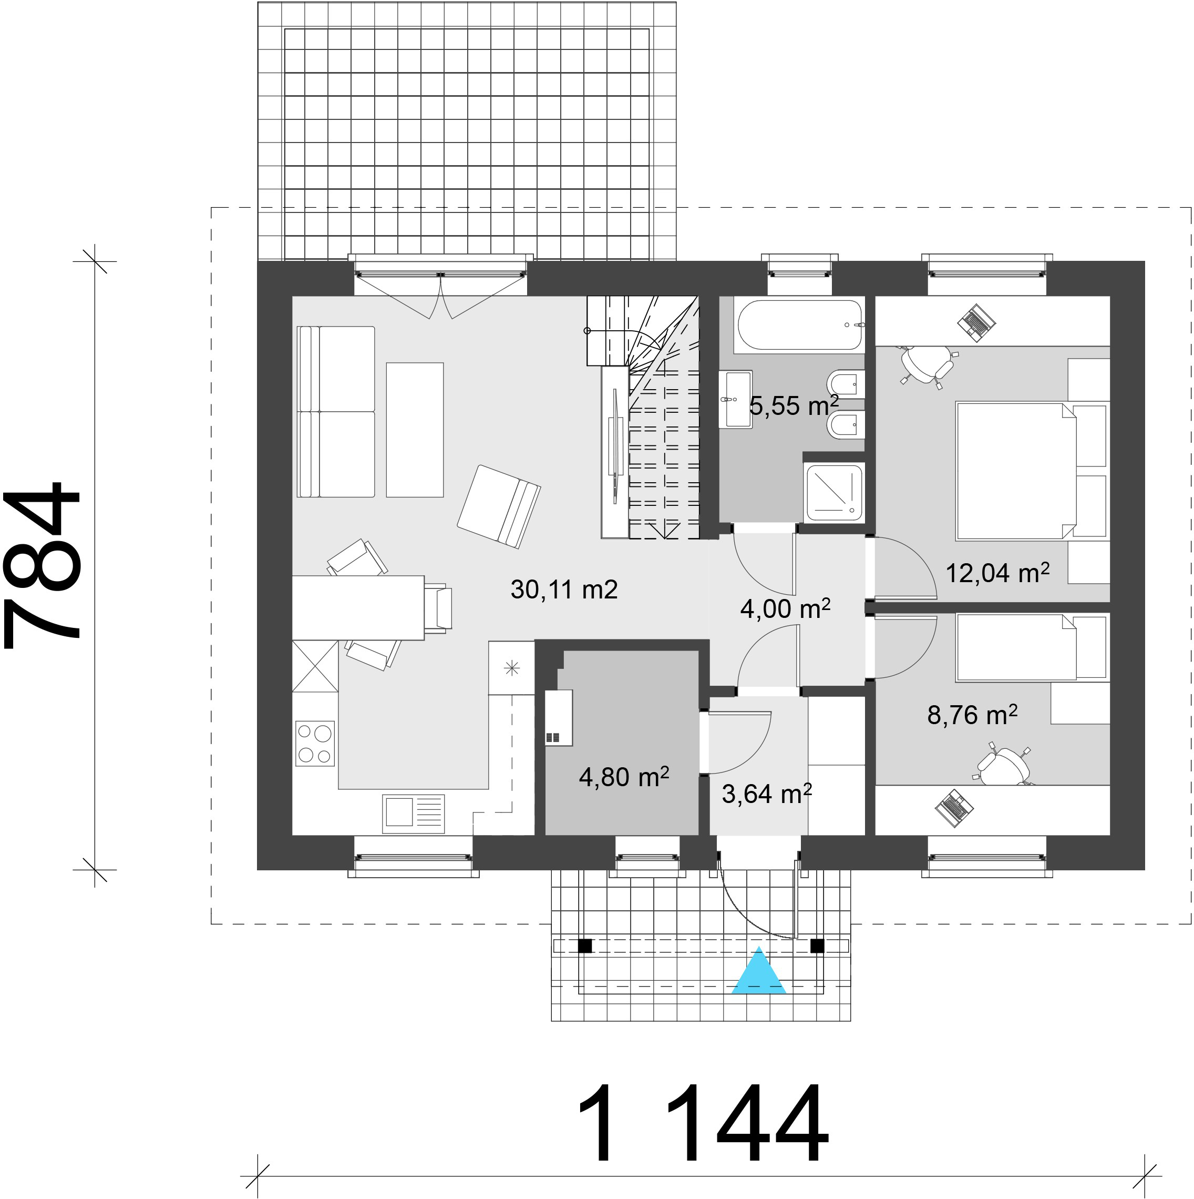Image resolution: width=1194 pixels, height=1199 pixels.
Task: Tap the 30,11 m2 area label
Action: (564, 590)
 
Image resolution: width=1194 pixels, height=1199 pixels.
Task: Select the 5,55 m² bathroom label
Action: (795, 405)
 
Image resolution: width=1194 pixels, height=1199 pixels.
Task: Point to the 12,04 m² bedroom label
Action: (997, 573)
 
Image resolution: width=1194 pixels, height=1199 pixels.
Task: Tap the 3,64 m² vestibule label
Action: (767, 794)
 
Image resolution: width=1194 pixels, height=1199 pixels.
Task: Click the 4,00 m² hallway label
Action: (785, 609)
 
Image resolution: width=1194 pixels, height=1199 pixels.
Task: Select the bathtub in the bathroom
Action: (799, 325)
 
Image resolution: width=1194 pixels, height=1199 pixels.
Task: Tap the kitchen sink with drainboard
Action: (414, 814)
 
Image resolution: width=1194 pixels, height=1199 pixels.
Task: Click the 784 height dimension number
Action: (42, 564)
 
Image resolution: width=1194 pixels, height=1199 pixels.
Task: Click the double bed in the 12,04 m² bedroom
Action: (1032, 471)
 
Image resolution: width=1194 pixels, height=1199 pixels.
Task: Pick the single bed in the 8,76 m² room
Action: (1032, 647)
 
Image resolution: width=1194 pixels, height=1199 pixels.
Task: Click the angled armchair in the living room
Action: (499, 507)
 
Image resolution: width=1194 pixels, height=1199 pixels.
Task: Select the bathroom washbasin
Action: (736, 400)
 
